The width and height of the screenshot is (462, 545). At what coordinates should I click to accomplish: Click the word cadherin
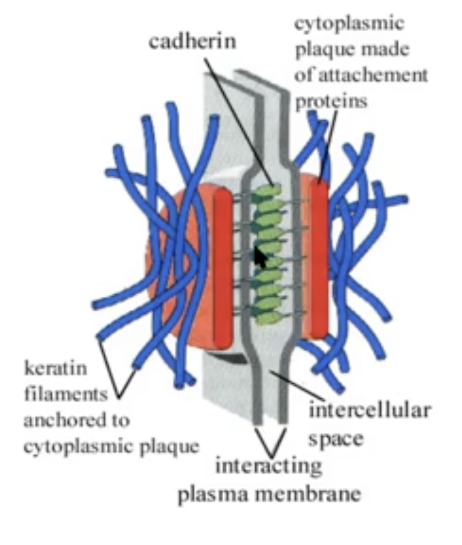(x=192, y=41)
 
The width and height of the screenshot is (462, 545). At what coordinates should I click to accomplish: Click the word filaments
(x=65, y=394)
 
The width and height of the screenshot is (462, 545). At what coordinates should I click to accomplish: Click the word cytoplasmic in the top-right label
(x=350, y=24)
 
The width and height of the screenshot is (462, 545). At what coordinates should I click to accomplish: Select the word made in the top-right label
(x=388, y=50)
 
